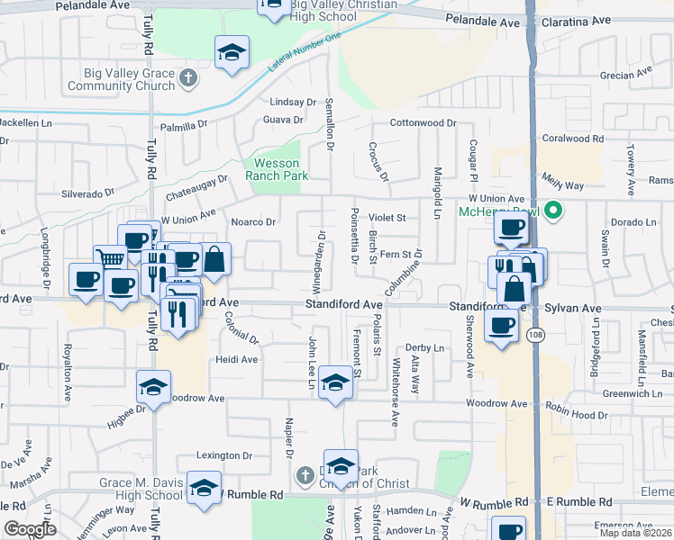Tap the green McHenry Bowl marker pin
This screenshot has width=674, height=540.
point(555,212)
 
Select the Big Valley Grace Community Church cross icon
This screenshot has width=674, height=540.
point(188,78)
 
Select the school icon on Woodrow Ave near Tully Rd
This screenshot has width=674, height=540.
point(153,388)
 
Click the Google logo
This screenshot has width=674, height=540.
point(30,529)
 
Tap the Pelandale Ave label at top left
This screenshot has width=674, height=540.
point(93,5)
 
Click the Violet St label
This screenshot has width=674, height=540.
point(387,217)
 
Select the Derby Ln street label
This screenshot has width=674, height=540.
point(424,348)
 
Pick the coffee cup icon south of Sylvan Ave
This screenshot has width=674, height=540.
point(501,327)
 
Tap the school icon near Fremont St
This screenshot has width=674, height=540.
point(336,385)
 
